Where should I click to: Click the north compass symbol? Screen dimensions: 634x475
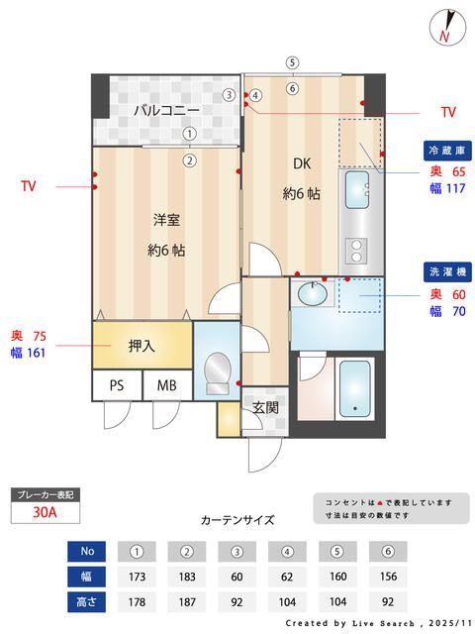click(447, 26)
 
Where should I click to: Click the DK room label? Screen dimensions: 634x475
click(301, 164)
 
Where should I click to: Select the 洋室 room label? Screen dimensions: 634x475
click(165, 219)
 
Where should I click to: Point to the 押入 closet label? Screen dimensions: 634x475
click(142, 347)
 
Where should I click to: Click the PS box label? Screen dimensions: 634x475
click(117, 385)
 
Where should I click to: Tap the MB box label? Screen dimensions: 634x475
click(166, 385)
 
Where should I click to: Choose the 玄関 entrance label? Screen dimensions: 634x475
click(263, 407)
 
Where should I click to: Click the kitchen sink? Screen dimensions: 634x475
click(356, 185)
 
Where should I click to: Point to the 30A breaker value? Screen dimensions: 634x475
click(44, 513)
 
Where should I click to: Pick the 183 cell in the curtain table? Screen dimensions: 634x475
click(186, 576)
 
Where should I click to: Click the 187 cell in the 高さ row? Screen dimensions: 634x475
click(186, 601)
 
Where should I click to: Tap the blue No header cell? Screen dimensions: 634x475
click(87, 551)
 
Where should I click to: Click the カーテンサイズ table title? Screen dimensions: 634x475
click(237, 519)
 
